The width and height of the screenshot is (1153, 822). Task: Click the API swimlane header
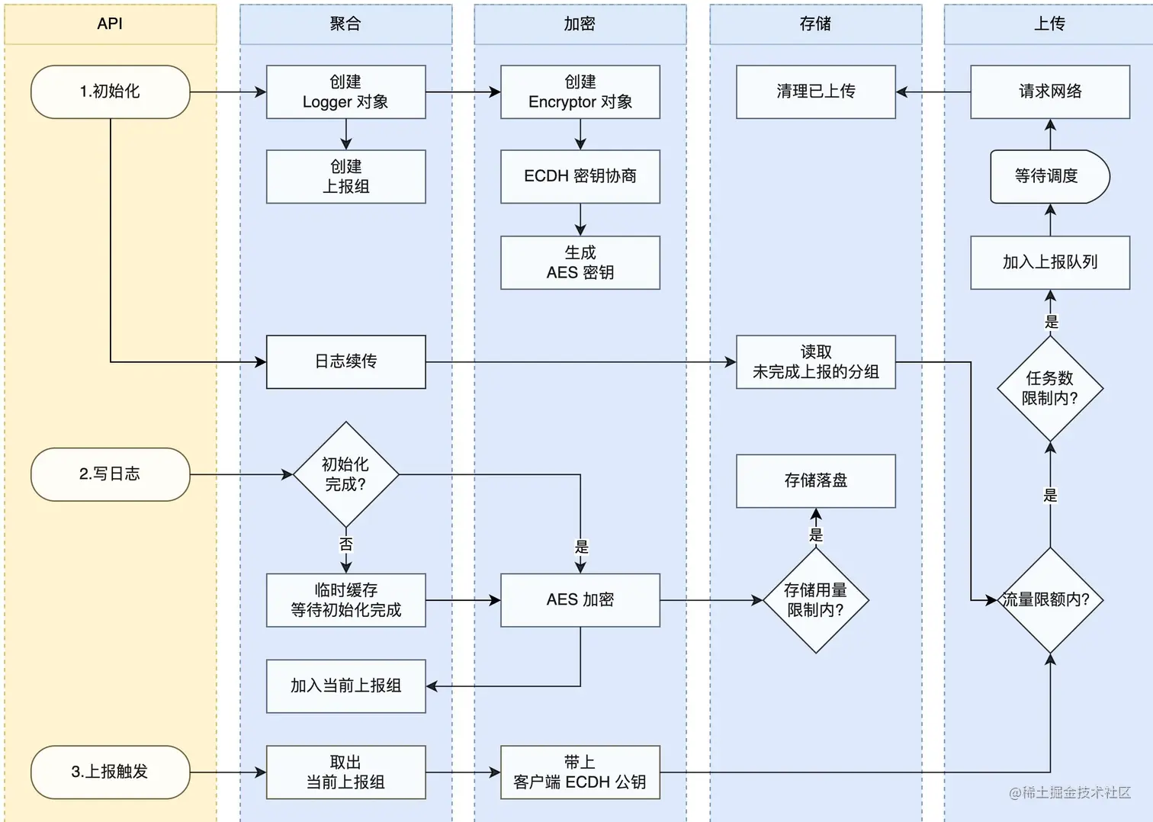click(x=110, y=24)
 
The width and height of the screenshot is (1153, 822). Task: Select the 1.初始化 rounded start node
click(x=110, y=92)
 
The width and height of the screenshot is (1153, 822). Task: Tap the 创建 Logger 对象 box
click(x=345, y=92)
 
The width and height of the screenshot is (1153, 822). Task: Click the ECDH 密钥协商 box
click(x=580, y=176)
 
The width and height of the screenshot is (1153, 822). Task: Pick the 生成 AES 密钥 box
click(x=580, y=262)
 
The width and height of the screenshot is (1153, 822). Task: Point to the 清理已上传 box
click(x=815, y=92)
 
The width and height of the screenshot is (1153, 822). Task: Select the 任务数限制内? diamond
click(x=1050, y=388)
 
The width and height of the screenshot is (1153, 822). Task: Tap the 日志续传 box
click(x=345, y=361)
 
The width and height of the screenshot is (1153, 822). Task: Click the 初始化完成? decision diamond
click(x=345, y=474)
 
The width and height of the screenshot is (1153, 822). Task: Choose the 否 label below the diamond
click(x=346, y=544)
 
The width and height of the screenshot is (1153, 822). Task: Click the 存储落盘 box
click(x=815, y=480)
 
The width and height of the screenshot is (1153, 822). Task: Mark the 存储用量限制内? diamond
click(x=815, y=600)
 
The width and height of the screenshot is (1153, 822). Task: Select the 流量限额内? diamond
click(x=1050, y=600)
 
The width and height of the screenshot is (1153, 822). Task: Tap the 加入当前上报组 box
click(x=345, y=686)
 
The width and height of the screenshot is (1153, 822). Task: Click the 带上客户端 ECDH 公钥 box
click(x=580, y=772)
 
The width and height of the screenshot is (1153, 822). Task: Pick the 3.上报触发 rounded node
click(x=110, y=772)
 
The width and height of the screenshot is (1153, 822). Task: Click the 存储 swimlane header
click(x=815, y=24)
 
